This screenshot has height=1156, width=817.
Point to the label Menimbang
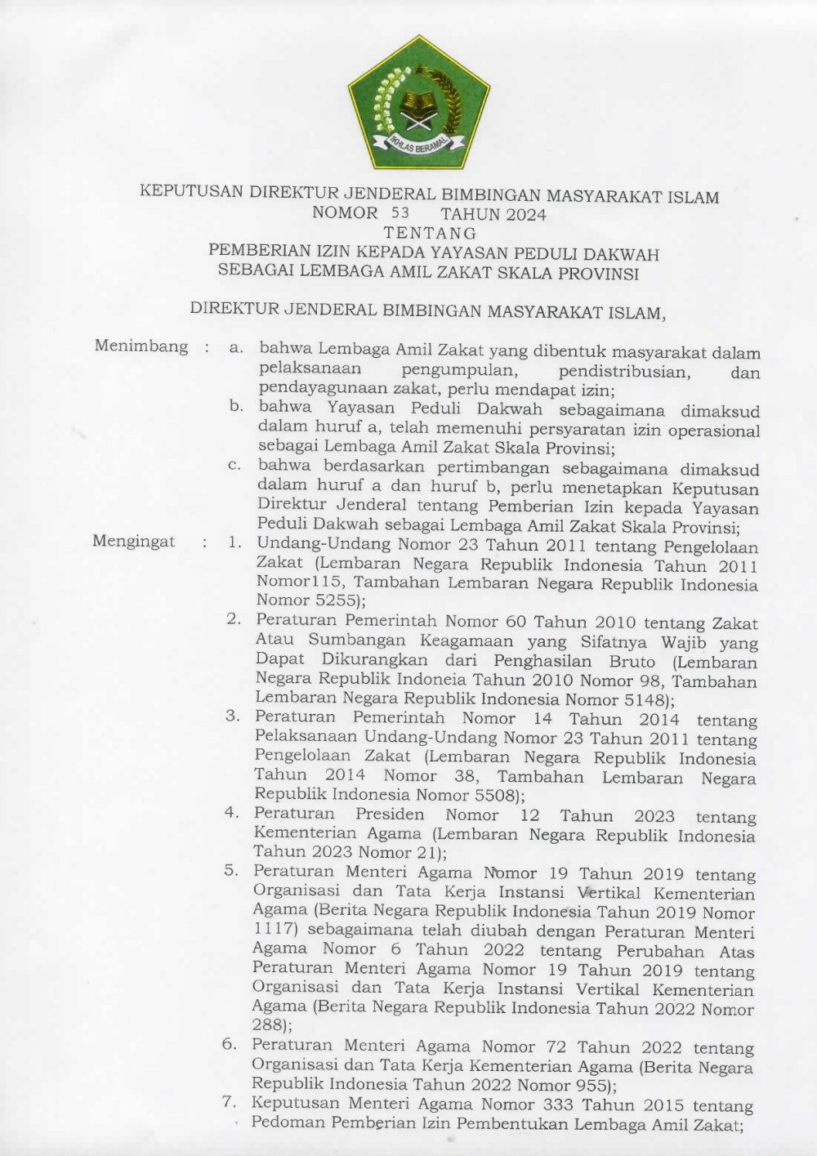(x=141, y=346)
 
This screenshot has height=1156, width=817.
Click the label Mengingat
(x=133, y=542)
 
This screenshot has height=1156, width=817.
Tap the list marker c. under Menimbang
(x=235, y=466)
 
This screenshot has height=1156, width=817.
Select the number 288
(x=267, y=1026)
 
